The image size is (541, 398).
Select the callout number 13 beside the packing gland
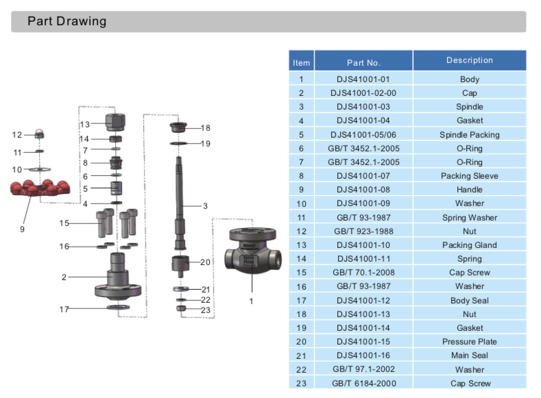(85, 125)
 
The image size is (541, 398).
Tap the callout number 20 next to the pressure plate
(205, 262)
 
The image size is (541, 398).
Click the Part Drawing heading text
(67, 21)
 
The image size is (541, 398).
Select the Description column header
(469, 61)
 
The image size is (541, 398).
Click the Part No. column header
(363, 62)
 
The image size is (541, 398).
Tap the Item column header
(301, 62)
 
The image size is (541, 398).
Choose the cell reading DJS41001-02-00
(363, 92)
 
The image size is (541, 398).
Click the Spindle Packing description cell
(469, 134)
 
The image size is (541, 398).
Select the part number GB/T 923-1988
(363, 231)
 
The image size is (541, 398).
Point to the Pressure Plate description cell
(469, 341)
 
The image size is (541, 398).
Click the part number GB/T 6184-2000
(363, 383)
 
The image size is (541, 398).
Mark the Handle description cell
(469, 190)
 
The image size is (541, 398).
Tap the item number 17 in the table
(301, 300)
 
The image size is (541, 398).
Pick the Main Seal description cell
(469, 355)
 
